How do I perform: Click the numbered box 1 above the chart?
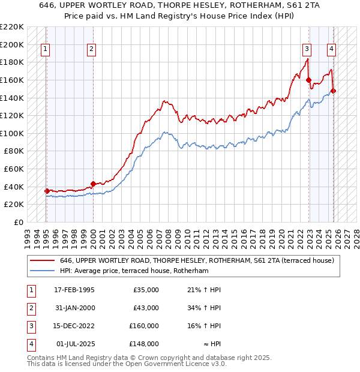point(46,49)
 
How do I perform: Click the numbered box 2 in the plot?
point(91,49)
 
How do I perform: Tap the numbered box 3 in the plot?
point(307,49)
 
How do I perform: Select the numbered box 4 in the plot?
point(331,49)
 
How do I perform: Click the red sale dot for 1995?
point(47,191)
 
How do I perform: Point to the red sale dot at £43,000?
point(93,184)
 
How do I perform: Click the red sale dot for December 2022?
point(308,80)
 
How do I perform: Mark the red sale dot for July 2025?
point(334,91)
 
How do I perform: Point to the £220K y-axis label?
point(12,27)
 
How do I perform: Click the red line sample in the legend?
point(42,260)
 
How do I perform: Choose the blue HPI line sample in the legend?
point(42,271)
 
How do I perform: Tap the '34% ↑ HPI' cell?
point(205,308)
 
